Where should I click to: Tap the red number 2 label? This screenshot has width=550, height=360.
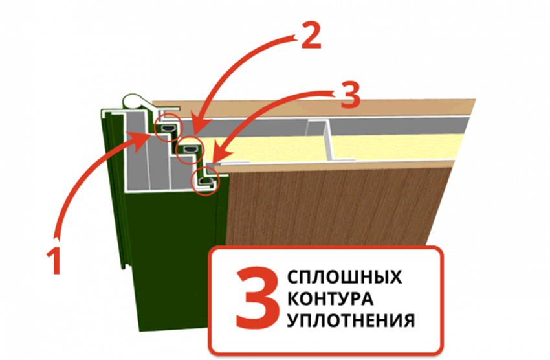coord(311,37)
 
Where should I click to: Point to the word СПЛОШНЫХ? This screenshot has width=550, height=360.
coord(344,277)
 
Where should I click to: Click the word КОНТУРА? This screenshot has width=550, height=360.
coord(331,299)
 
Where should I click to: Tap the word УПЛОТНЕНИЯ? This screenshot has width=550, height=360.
coord(351,321)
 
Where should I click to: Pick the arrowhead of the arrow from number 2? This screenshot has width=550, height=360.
coord(201,130)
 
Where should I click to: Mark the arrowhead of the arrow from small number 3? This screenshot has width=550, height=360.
coord(221,157)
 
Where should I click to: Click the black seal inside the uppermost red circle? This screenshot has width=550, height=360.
coord(168,128)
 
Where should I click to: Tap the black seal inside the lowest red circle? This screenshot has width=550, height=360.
coord(204,181)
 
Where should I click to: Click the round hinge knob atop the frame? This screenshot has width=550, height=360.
coord(132,102)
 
